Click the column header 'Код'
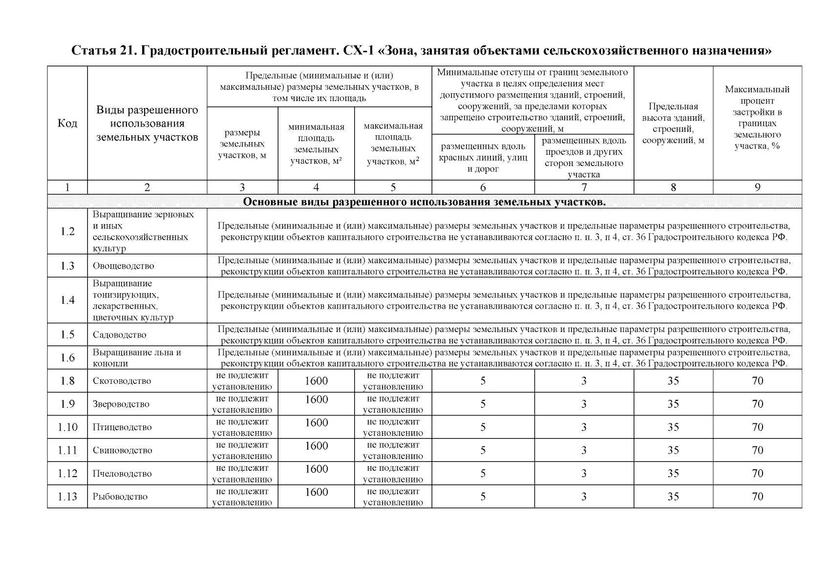[x=67, y=123]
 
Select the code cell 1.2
[x=67, y=231]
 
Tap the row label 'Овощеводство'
[x=123, y=266]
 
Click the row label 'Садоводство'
[x=120, y=335]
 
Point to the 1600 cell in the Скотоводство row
[x=316, y=381]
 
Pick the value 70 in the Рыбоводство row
[x=757, y=497]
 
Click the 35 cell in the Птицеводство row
[x=673, y=427]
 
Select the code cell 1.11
[x=67, y=450]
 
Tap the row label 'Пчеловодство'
[x=122, y=474]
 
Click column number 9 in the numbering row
[x=757, y=188]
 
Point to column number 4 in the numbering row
[x=316, y=188]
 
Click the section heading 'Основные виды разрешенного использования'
[x=424, y=202]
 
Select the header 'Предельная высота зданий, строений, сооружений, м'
[x=673, y=124]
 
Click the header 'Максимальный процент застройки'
[x=757, y=118]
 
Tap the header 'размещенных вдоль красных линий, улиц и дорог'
[x=483, y=158]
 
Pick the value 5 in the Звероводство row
[x=483, y=404]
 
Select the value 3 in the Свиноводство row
[x=584, y=450]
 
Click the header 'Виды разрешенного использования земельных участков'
[x=147, y=124]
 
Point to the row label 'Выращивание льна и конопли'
[x=137, y=358]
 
